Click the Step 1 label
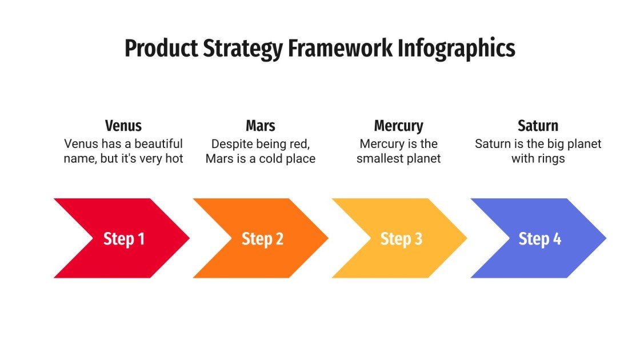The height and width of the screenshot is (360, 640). [x=123, y=239]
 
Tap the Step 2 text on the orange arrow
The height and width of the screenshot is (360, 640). [x=262, y=239]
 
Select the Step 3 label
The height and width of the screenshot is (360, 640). [x=401, y=239]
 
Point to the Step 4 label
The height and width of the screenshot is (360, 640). [x=540, y=239]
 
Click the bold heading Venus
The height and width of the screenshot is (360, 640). [x=123, y=126]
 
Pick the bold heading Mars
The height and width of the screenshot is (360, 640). [x=261, y=126]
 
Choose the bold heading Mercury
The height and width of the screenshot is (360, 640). [x=398, y=126]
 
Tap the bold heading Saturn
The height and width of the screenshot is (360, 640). [x=538, y=126]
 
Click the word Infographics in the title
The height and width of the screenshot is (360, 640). [x=457, y=49]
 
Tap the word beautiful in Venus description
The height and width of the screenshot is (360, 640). [x=154, y=143]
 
